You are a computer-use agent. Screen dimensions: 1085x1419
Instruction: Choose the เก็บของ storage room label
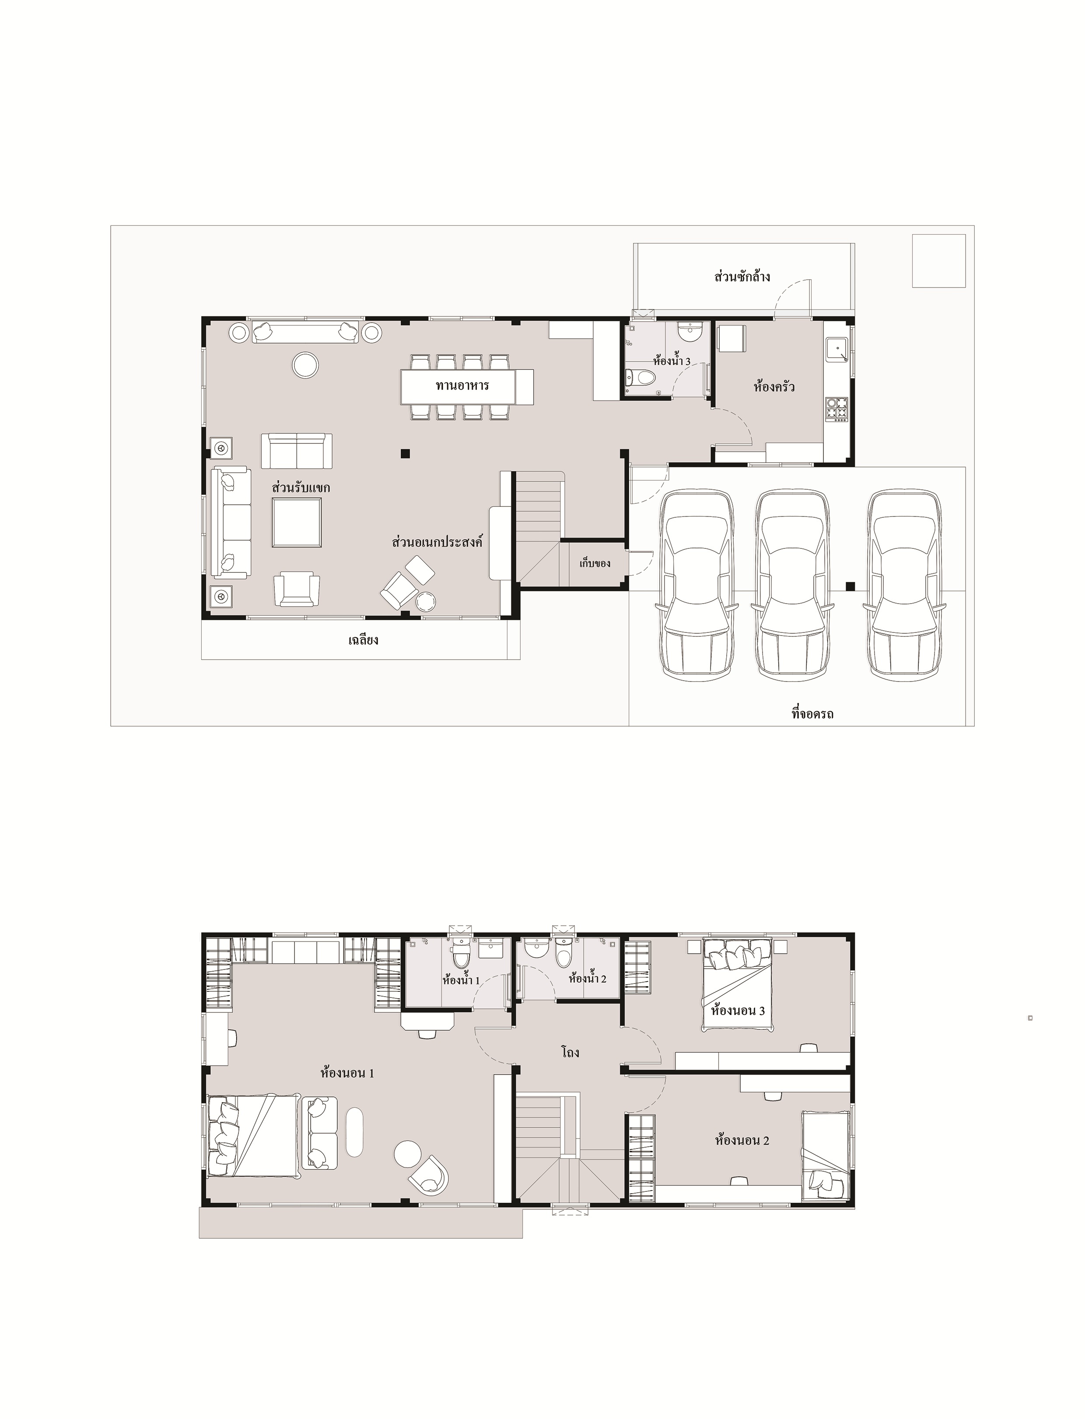pos(595,563)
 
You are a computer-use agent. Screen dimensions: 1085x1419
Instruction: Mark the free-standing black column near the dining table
pos(405,453)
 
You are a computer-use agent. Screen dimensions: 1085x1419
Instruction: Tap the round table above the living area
pos(305,365)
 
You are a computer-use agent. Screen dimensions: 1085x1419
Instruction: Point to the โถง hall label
pos(570,1052)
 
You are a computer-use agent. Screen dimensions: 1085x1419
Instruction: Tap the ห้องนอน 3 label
pos(738,1010)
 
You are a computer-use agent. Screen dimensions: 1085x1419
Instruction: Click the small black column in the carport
pos(850,586)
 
